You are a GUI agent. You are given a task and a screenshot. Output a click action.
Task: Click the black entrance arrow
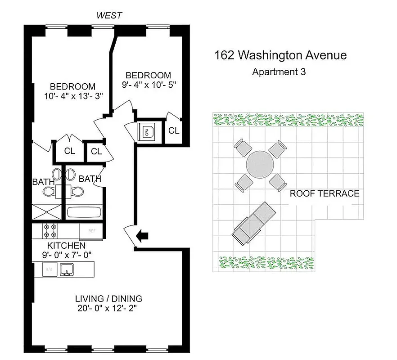click(x=144, y=235)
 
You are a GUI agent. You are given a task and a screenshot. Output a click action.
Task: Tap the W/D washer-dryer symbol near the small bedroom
click(x=148, y=131)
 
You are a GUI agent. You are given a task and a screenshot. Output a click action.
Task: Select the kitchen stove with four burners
click(x=50, y=231)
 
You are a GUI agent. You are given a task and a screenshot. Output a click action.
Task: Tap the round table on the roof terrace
click(x=260, y=164)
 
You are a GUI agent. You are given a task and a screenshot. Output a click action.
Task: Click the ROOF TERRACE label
click(x=324, y=193)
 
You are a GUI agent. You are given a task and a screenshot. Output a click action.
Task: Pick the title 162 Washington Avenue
click(x=280, y=55)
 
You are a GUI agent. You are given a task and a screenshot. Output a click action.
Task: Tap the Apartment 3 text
click(x=279, y=72)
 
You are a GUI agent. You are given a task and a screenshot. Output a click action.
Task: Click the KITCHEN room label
click(x=67, y=246)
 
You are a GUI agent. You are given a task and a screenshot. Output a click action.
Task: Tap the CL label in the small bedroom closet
click(x=174, y=131)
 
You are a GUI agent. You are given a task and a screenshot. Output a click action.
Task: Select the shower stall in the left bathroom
click(x=46, y=212)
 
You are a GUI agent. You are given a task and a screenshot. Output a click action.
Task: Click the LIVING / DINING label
click(x=108, y=298)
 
